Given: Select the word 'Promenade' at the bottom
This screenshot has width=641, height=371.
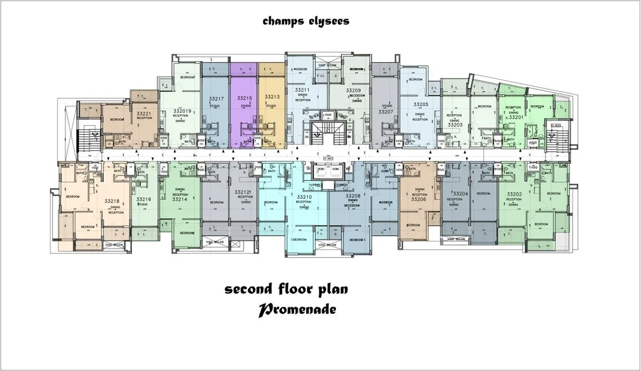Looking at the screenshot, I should (x=298, y=310).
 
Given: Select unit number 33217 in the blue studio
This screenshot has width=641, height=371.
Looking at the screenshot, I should (x=216, y=99).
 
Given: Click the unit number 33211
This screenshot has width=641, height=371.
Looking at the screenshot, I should (x=302, y=90).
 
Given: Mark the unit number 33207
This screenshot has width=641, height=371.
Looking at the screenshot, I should (x=385, y=112).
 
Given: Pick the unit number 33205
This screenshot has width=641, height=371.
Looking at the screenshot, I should (x=420, y=105).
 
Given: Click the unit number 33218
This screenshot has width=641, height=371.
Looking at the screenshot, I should (x=112, y=201).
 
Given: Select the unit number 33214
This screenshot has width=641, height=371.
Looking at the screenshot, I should (x=179, y=199).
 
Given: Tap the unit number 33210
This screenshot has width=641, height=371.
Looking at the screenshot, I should (x=304, y=197).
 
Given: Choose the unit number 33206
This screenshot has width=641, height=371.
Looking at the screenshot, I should (x=419, y=199).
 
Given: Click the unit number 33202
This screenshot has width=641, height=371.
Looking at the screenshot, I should (x=514, y=194).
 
